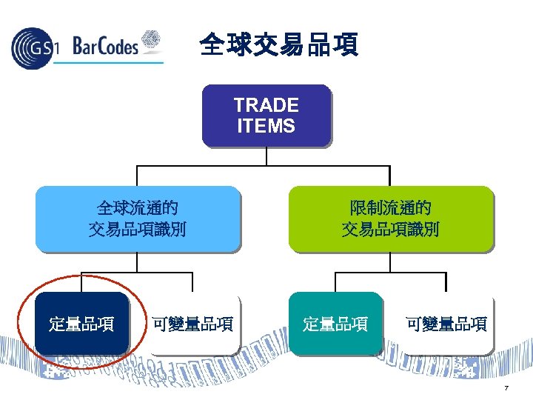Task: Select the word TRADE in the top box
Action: coord(266,105)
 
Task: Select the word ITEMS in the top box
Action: coord(266,126)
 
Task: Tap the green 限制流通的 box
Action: coord(390,218)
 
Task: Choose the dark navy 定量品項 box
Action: coord(81,324)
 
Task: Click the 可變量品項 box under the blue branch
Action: coord(192,324)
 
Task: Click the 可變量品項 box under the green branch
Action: coord(446,324)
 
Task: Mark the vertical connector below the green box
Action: coord(390,262)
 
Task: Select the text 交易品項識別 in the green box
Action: coord(390,230)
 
